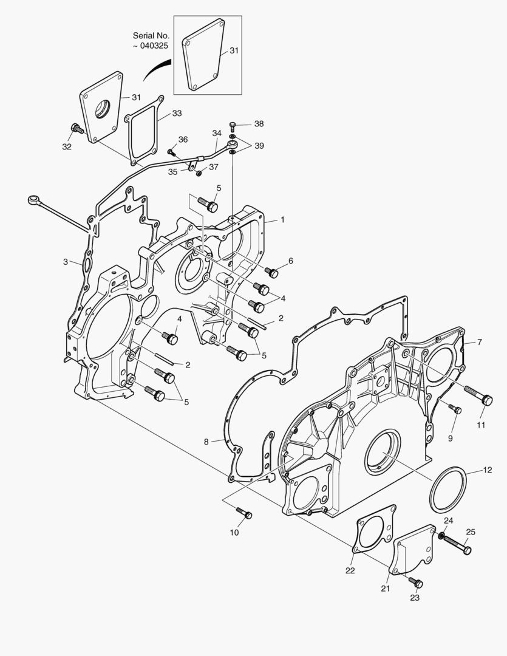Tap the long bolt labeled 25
(x=457, y=544)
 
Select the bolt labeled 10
(x=244, y=513)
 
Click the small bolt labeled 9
(x=455, y=408)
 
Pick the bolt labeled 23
(x=416, y=582)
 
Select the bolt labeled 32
(x=77, y=128)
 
